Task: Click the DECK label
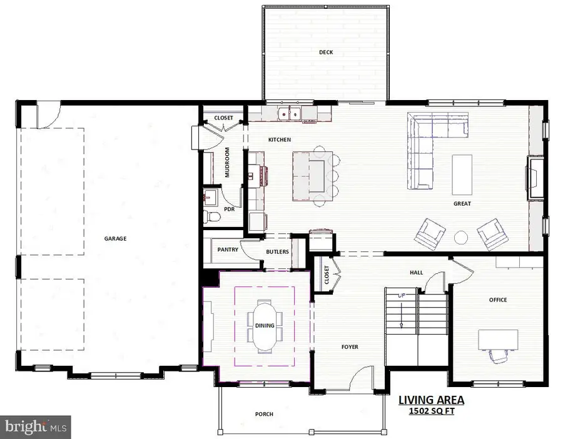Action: tap(325, 53)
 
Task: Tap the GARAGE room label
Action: tap(116, 238)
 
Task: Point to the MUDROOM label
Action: tap(227, 163)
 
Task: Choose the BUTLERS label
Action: tap(277, 251)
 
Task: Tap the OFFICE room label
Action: tap(498, 300)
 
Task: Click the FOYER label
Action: tap(350, 346)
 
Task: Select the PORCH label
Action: tap(264, 414)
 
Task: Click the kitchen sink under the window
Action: tap(290, 114)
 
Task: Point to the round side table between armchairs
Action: tap(460, 237)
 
